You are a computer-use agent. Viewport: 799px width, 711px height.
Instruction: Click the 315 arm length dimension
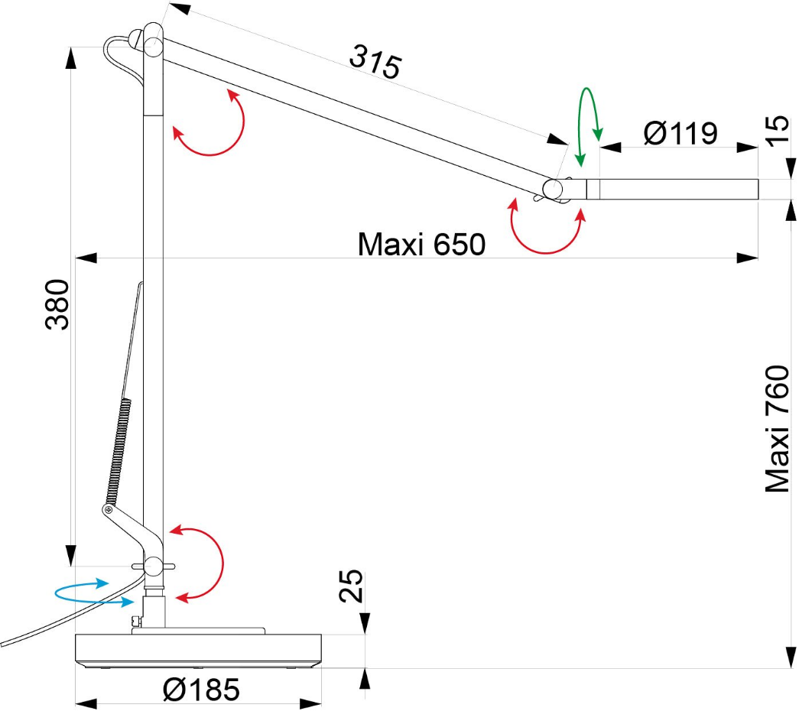[375, 62]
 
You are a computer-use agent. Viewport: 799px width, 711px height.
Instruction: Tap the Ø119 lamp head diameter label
[680, 133]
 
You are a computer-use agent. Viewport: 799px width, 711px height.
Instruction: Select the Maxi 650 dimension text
[421, 244]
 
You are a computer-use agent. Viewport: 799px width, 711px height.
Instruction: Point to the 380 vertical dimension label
[57, 304]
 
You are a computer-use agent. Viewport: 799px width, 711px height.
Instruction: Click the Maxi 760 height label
[777, 429]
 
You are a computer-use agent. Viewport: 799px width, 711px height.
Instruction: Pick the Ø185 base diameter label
[201, 690]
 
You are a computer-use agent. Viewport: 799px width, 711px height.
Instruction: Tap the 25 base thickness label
[351, 586]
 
